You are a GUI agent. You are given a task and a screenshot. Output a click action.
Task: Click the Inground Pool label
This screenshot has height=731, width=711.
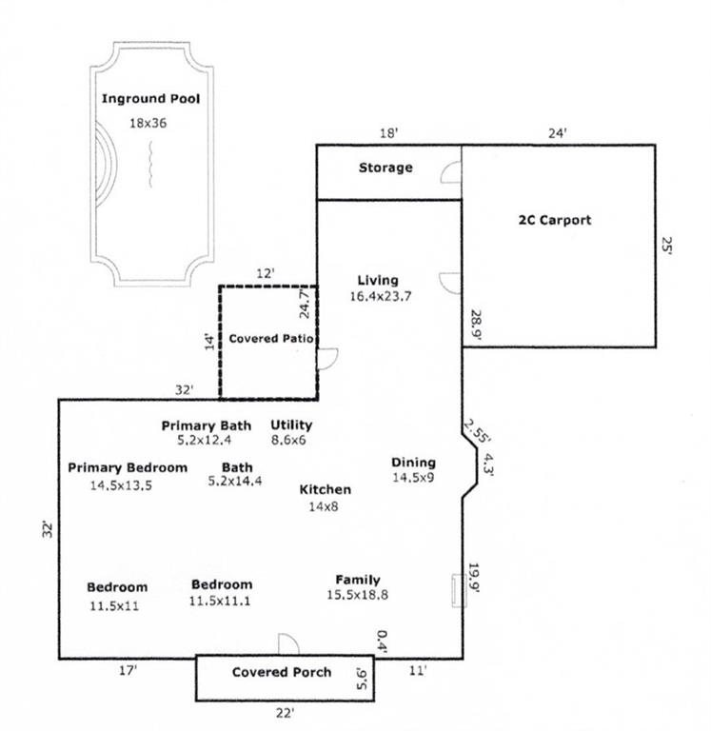[150, 98]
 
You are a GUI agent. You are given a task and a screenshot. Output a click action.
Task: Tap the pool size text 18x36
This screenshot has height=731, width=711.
[150, 122]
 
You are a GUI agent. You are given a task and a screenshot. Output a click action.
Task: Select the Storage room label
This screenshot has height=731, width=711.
[385, 168]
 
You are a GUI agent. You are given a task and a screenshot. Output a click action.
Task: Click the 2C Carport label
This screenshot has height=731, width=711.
[554, 220]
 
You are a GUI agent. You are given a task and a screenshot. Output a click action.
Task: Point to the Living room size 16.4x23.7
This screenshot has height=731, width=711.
[378, 296]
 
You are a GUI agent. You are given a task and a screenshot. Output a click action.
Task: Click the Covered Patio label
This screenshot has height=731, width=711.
[272, 338]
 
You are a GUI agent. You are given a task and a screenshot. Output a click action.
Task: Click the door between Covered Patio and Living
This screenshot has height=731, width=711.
[326, 358]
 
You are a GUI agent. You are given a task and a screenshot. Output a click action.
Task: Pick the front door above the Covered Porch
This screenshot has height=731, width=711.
[287, 645]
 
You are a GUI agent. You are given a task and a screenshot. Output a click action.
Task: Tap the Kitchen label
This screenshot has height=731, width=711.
[326, 489]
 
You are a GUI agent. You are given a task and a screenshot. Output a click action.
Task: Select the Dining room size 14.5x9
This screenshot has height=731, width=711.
[413, 478]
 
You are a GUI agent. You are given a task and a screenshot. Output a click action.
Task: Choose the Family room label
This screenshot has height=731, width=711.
[358, 580]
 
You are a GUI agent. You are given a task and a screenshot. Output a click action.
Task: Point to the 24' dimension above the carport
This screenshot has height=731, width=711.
[558, 133]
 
